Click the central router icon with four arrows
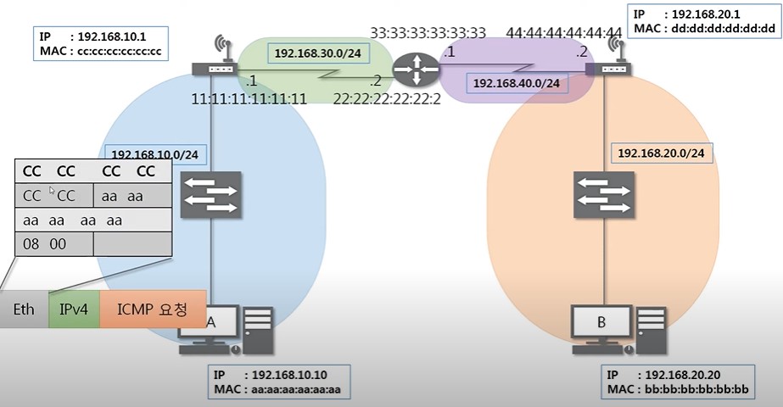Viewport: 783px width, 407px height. click(x=416, y=70)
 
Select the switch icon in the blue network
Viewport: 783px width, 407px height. click(x=210, y=195)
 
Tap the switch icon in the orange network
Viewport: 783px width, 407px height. click(x=604, y=195)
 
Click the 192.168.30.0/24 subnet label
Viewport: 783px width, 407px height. click(x=318, y=53)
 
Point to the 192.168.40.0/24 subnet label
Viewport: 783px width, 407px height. click(x=517, y=83)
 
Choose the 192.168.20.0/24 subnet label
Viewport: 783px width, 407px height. click(x=662, y=153)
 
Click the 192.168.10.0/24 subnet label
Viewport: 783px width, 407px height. click(x=154, y=155)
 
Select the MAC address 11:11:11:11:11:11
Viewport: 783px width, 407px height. click(x=249, y=99)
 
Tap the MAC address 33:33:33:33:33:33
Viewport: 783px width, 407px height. click(x=428, y=33)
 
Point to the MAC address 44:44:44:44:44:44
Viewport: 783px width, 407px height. click(x=564, y=33)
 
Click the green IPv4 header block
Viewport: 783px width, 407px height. click(x=74, y=309)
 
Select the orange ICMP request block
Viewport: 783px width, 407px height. click(x=153, y=309)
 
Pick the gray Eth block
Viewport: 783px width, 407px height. click(x=24, y=309)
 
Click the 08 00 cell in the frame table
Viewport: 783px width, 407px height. click(x=54, y=244)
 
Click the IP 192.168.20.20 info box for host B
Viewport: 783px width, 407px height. click(x=678, y=382)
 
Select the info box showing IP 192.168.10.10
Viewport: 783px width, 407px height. click(x=279, y=382)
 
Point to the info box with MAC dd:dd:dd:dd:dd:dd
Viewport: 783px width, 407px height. click(x=704, y=21)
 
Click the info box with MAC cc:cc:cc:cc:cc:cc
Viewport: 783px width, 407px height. click(x=101, y=44)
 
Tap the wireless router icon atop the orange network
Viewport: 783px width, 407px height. click(x=609, y=58)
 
